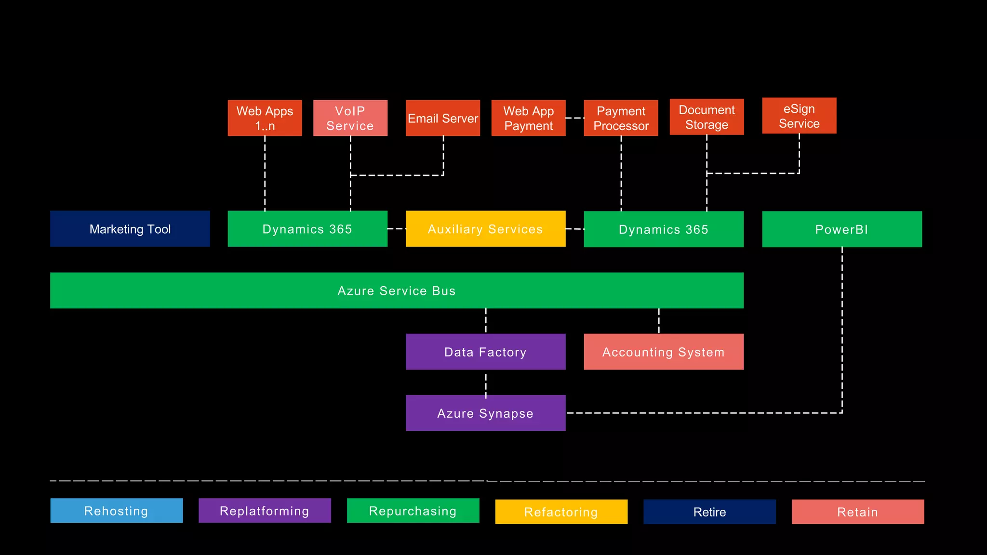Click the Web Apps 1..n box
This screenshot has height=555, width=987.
coord(265,118)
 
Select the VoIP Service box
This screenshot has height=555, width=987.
coord(350,118)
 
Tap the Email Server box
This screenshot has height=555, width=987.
coord(443,118)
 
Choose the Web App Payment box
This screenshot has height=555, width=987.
coord(528,118)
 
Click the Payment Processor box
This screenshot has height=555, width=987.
coord(621,118)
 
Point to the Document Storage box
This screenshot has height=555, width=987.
coord(707,117)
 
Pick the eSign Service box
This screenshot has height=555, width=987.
coord(799,116)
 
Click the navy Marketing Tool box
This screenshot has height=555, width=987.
coord(130,229)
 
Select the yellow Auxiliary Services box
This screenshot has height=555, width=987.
coord(485,229)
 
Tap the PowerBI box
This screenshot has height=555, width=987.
coord(841,229)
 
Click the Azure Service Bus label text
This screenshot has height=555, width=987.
coord(396,291)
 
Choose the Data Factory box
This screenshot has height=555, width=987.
coord(485,352)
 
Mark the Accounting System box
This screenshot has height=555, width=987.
coord(663,352)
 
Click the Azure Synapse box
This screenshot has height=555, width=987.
coord(485,413)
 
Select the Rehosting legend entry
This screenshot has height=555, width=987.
coord(117,511)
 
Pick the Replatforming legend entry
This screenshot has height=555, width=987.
coord(265,511)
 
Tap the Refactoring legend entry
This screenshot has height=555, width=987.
coord(561,512)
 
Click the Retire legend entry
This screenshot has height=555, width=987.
coord(709,512)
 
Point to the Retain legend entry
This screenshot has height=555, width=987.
coord(858,512)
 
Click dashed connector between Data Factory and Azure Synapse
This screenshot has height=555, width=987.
coord(486,383)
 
